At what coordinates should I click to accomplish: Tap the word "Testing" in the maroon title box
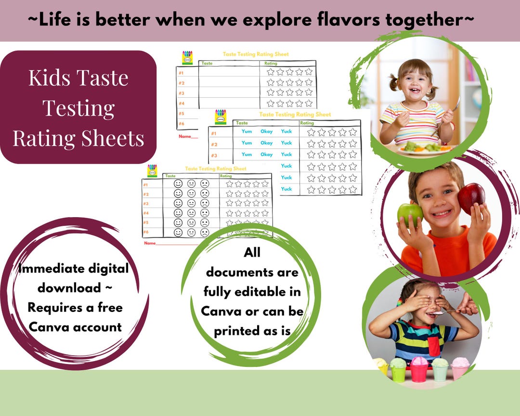78,108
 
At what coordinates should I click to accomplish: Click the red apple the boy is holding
471,197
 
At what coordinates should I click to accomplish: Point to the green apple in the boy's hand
410,214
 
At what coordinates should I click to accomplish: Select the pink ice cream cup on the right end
459,368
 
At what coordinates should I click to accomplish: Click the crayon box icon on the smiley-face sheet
152,170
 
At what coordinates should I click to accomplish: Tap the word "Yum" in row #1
247,131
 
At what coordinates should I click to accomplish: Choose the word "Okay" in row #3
267,155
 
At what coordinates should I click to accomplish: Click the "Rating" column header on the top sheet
271,63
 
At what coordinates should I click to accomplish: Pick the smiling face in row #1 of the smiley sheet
178,183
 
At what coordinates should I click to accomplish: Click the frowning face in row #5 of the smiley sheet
205,223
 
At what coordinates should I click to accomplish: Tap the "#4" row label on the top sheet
182,103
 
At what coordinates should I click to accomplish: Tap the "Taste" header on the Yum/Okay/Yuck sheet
242,123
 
